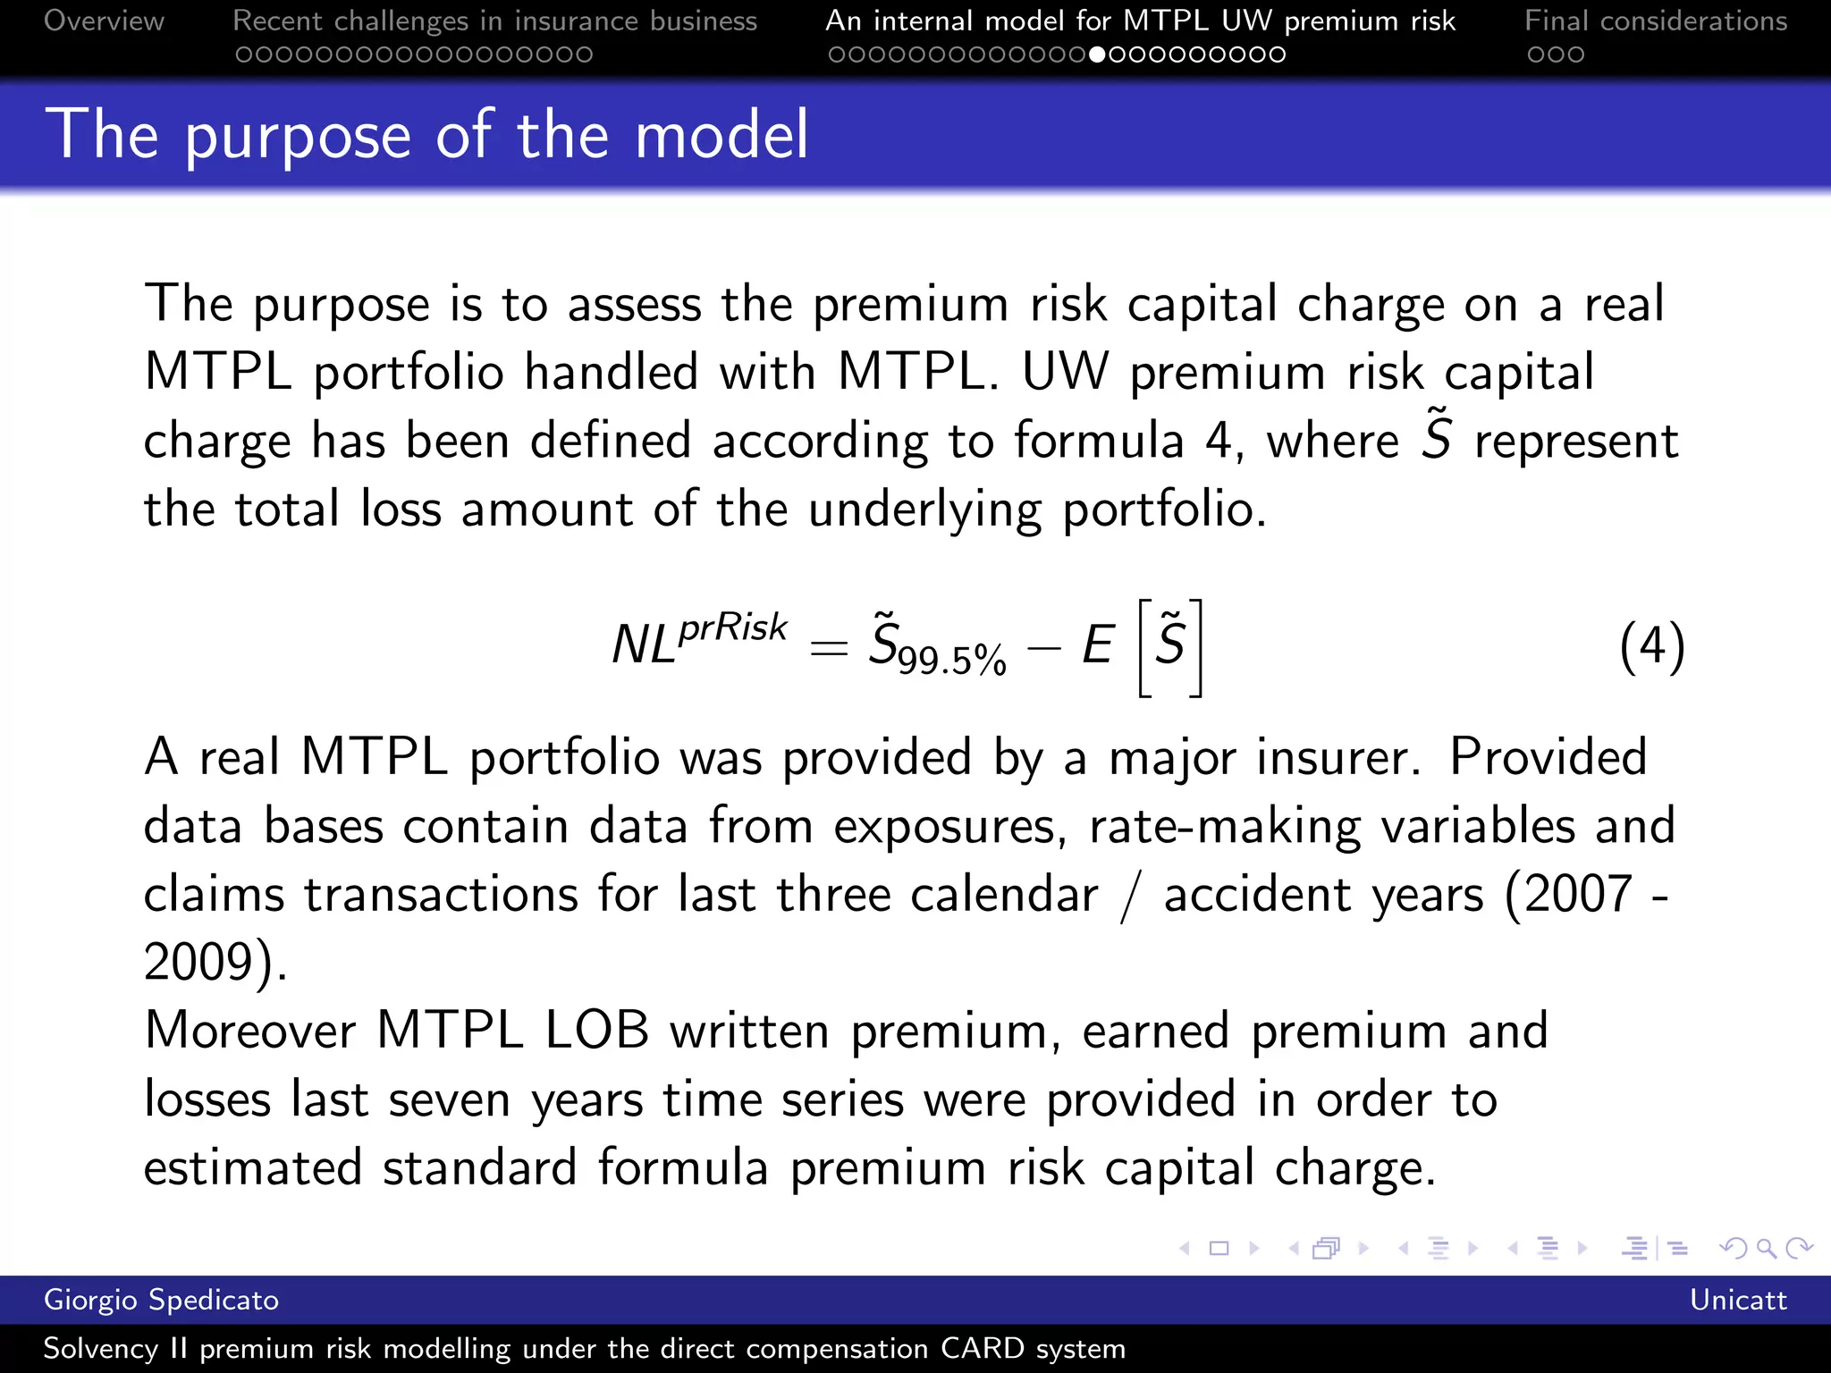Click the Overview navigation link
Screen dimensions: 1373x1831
coord(104,21)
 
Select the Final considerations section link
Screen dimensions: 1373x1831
coord(1656,21)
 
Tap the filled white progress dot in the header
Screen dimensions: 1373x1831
coord(1097,55)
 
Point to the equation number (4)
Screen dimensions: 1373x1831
coord(1651,645)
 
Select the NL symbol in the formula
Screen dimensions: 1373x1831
coord(643,644)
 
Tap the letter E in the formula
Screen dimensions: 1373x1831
coord(1098,644)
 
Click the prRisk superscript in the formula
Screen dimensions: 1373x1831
coord(733,627)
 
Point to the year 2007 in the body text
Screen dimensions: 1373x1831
coord(1578,894)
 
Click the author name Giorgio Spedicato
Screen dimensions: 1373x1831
coord(161,1300)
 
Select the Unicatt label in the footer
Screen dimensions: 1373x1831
coord(1737,1300)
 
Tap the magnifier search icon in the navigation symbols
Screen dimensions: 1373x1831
coord(1766,1248)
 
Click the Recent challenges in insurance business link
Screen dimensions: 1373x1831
coord(494,21)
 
